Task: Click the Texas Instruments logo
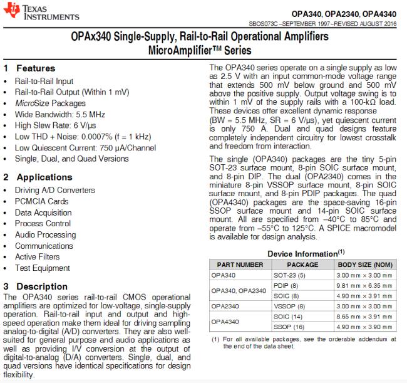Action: pyautogui.click(x=31, y=13)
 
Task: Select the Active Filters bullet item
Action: pyautogui.click(x=38, y=257)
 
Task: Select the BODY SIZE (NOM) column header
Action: pyautogui.click(x=369, y=265)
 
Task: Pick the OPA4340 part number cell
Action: pyautogui.click(x=225, y=322)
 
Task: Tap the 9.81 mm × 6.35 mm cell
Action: pyautogui.click(x=364, y=285)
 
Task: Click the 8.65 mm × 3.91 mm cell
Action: pyautogui.click(x=364, y=317)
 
